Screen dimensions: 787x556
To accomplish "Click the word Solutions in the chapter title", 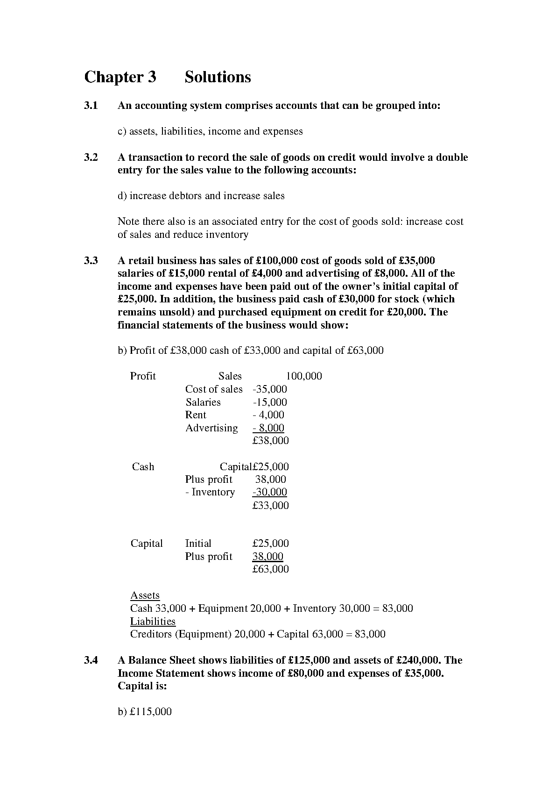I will tap(218, 77).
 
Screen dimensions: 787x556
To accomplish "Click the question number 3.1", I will tap(91, 106).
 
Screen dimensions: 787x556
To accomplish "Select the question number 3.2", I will tap(91, 157).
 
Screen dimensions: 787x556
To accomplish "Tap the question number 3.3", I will tap(91, 261).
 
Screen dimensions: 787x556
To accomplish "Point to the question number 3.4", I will tap(91, 660).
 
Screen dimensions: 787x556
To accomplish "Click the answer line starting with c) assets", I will tap(210, 131).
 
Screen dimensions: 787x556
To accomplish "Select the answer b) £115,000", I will tap(145, 712).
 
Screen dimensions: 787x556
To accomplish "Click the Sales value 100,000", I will tap(303, 376).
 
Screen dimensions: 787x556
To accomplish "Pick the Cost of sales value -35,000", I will tap(270, 389).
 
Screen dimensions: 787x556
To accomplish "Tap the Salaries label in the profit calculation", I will tap(203, 402).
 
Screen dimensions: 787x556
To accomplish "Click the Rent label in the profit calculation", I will tap(196, 415).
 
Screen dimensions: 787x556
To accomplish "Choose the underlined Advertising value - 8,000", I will tap(268, 428).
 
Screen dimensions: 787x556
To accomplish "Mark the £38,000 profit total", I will tap(270, 441).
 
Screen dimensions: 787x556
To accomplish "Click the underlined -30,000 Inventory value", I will tap(270, 492).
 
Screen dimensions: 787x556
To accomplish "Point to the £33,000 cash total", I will tap(270, 506).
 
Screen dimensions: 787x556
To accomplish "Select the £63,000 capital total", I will tap(270, 569).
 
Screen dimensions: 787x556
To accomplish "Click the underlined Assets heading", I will tap(145, 595).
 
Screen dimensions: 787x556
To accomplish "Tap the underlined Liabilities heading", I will tap(153, 622).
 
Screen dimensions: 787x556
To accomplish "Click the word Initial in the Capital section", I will tap(198, 544).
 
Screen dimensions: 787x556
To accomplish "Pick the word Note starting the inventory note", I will tap(128, 222).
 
